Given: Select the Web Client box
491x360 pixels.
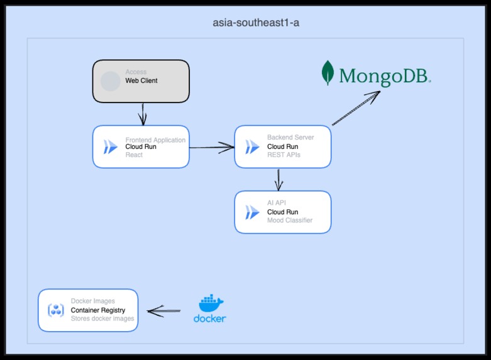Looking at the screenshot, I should click(x=141, y=81).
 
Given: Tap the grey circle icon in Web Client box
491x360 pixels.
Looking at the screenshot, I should click(x=111, y=81).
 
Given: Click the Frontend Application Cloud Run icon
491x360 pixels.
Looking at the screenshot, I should click(x=111, y=147).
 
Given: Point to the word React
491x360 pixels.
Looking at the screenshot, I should click(x=134, y=155).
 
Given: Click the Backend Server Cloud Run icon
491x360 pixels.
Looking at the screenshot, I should click(x=252, y=147).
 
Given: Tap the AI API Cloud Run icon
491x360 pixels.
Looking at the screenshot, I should click(x=252, y=212).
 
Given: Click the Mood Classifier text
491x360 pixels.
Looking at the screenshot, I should click(x=290, y=221).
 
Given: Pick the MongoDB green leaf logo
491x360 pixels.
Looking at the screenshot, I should click(x=328, y=73).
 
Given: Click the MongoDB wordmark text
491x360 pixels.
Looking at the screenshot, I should click(x=384, y=77).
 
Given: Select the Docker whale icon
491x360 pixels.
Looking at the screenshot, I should click(x=210, y=303).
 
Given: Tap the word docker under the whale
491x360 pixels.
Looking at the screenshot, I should click(x=209, y=319).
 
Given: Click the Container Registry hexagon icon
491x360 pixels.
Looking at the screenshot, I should click(x=56, y=310).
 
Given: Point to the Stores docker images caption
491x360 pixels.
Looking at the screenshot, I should click(x=102, y=319).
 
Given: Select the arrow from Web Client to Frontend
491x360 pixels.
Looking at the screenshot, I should click(x=143, y=114).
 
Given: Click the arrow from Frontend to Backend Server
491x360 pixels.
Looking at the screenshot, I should click(x=211, y=148).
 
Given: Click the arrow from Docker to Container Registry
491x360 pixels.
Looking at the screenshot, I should click(x=163, y=310).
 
